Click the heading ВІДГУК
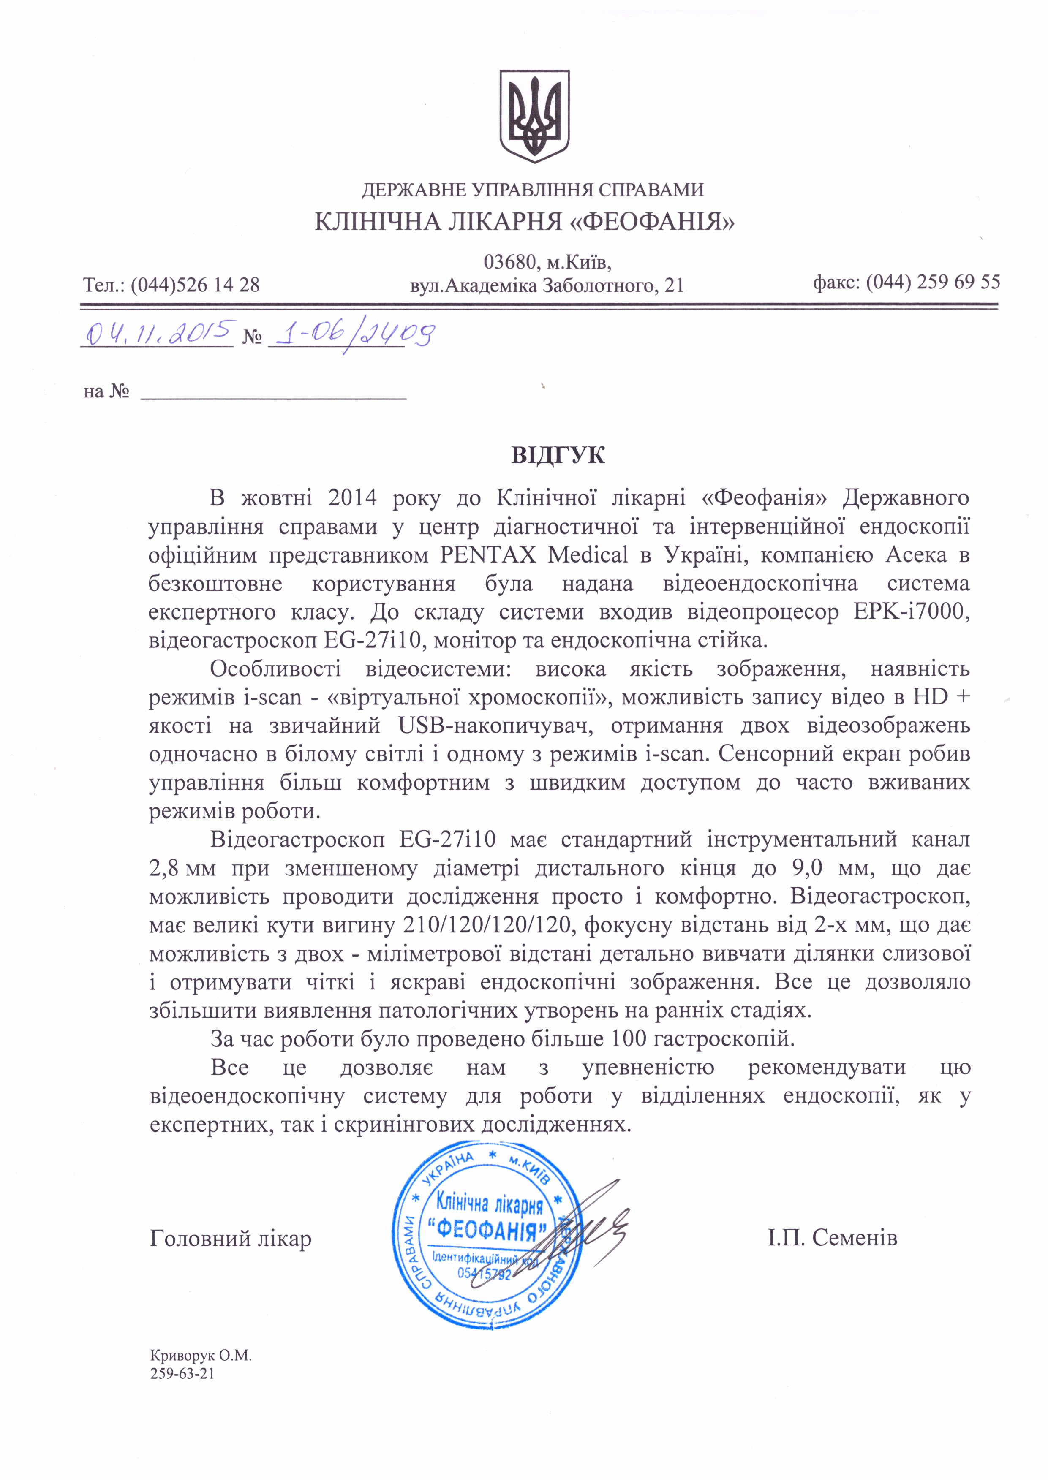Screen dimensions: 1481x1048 [558, 455]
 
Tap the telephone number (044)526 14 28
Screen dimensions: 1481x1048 [195, 285]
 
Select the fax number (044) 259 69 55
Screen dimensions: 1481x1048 [933, 282]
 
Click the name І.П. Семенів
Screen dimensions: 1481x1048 [833, 1238]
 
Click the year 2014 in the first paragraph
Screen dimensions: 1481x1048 [352, 498]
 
